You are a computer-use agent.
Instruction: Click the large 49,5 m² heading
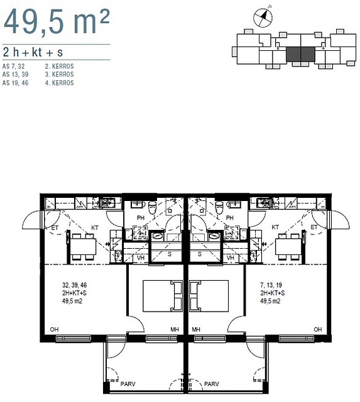[57, 22]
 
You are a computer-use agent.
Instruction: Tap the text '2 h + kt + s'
[33, 52]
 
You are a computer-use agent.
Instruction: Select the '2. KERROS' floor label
[60, 67]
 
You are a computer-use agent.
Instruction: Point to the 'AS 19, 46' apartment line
[15, 83]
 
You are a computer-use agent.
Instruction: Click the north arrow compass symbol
[263, 17]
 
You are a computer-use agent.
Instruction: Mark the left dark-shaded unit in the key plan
[293, 54]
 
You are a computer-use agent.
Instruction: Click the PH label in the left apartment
[141, 218]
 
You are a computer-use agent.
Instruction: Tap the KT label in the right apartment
[275, 227]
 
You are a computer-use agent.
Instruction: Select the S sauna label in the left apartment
[170, 254]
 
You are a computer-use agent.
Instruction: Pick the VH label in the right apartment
[230, 258]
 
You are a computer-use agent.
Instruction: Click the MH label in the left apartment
[175, 329]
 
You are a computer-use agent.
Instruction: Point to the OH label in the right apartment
[318, 329]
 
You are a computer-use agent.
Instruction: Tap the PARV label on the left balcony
[128, 384]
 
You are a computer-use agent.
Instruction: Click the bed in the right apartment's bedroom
[209, 296]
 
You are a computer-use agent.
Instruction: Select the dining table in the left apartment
[83, 246]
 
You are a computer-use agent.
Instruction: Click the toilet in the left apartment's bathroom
[152, 207]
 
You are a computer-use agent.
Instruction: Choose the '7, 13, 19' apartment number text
[271, 285]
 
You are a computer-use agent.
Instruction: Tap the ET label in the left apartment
[55, 227]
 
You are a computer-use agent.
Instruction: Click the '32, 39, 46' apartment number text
[74, 285]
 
